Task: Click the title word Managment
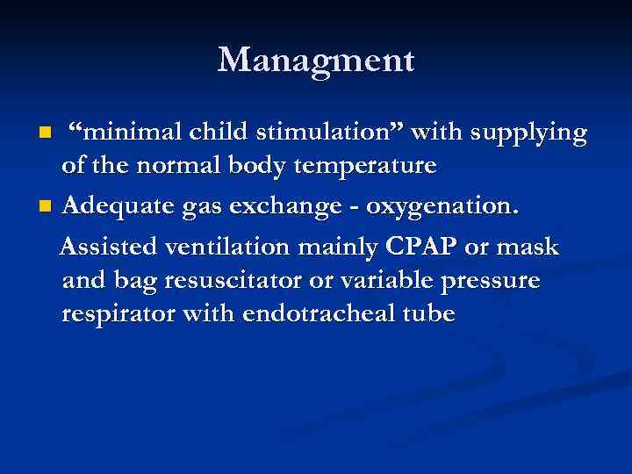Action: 316,61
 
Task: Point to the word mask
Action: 528,248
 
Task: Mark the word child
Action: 208,133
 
